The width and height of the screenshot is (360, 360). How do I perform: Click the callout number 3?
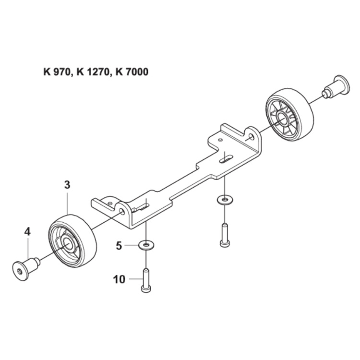(67, 184)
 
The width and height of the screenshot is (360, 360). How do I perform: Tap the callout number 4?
(27, 231)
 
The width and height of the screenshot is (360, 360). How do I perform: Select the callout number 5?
(119, 245)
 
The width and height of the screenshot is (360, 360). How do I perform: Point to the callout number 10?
(119, 278)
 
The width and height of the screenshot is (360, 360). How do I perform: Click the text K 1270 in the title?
(91, 72)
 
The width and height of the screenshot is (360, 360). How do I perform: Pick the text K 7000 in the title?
(129, 72)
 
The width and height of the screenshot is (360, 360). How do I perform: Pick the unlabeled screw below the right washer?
(224, 235)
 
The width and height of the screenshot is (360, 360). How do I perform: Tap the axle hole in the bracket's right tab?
(252, 137)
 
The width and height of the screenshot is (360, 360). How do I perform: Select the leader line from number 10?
(134, 278)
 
